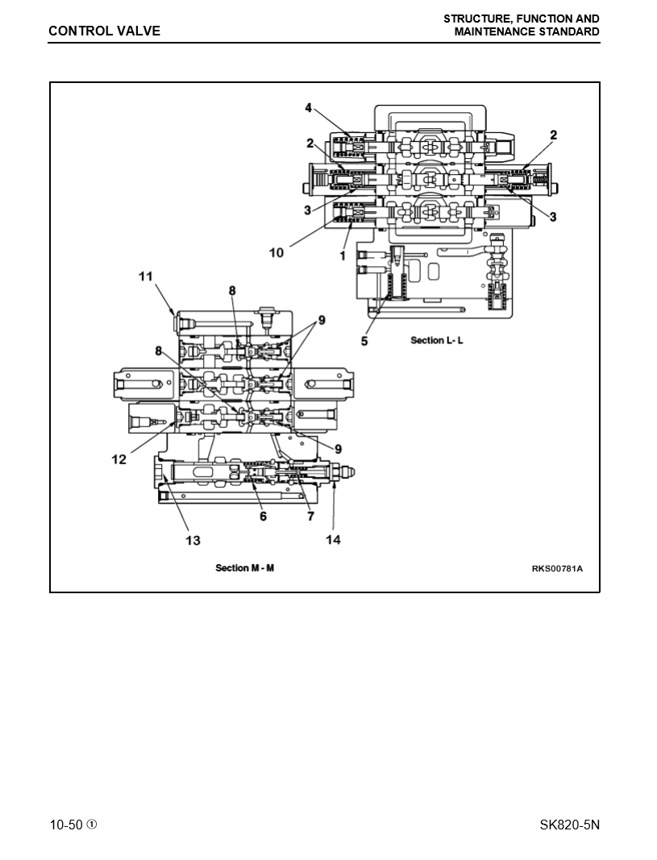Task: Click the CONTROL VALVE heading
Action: pyautogui.click(x=104, y=31)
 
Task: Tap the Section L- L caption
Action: pyautogui.click(x=437, y=340)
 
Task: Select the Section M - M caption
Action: pyautogui.click(x=244, y=568)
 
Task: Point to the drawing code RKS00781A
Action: pyautogui.click(x=556, y=569)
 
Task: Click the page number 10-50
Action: pyautogui.click(x=66, y=825)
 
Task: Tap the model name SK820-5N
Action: pyautogui.click(x=570, y=825)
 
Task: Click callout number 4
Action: pyautogui.click(x=308, y=107)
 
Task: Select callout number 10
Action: pyautogui.click(x=277, y=252)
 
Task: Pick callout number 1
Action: pyautogui.click(x=343, y=256)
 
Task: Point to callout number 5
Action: pyautogui.click(x=364, y=341)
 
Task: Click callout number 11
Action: pyautogui.click(x=145, y=276)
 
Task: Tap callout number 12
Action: pyautogui.click(x=119, y=459)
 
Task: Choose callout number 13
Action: pyautogui.click(x=193, y=540)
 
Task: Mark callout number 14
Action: pyautogui.click(x=333, y=540)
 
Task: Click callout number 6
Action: pyautogui.click(x=263, y=517)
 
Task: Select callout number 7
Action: pyautogui.click(x=310, y=517)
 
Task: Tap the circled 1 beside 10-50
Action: pyautogui.click(x=92, y=825)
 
